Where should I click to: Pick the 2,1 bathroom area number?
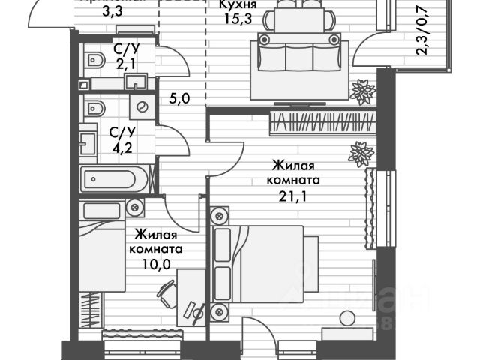point(124,63)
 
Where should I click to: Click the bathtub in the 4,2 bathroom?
point(115,181)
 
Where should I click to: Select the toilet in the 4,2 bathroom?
point(93,107)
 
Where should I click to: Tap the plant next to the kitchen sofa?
point(364,91)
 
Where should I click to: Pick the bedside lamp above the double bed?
point(219,217)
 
